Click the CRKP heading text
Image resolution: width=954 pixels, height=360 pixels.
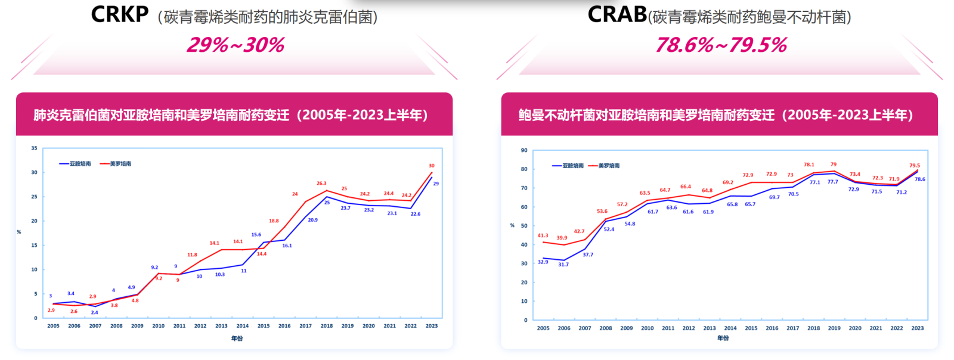coord(119,14)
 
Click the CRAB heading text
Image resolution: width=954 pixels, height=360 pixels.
coord(617,14)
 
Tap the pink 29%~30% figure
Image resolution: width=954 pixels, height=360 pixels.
coord(236,45)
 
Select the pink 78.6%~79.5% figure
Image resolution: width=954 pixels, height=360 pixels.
coord(721,45)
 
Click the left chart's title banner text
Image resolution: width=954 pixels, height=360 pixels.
coord(231,115)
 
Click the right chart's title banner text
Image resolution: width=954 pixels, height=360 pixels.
coord(715,115)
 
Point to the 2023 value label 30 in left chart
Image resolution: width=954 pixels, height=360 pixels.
coord(432,166)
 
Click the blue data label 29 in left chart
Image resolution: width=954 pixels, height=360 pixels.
coord(436,184)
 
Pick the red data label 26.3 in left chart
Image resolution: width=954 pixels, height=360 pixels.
coord(321,184)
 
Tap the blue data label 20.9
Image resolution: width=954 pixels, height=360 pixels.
coord(312,220)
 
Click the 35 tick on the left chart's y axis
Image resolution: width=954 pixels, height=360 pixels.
coord(34,148)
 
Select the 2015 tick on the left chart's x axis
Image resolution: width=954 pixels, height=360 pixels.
coord(264,326)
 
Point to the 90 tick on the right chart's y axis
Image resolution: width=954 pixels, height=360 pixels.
coord(524,150)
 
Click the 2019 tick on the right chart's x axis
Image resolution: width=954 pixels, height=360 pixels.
coord(834,328)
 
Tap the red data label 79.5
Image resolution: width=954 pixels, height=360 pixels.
coord(915,166)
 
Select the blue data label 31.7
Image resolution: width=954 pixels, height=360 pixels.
coord(563,265)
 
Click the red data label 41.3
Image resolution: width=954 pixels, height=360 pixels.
coord(543,235)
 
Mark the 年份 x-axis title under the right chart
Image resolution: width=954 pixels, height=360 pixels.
coord(723,338)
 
